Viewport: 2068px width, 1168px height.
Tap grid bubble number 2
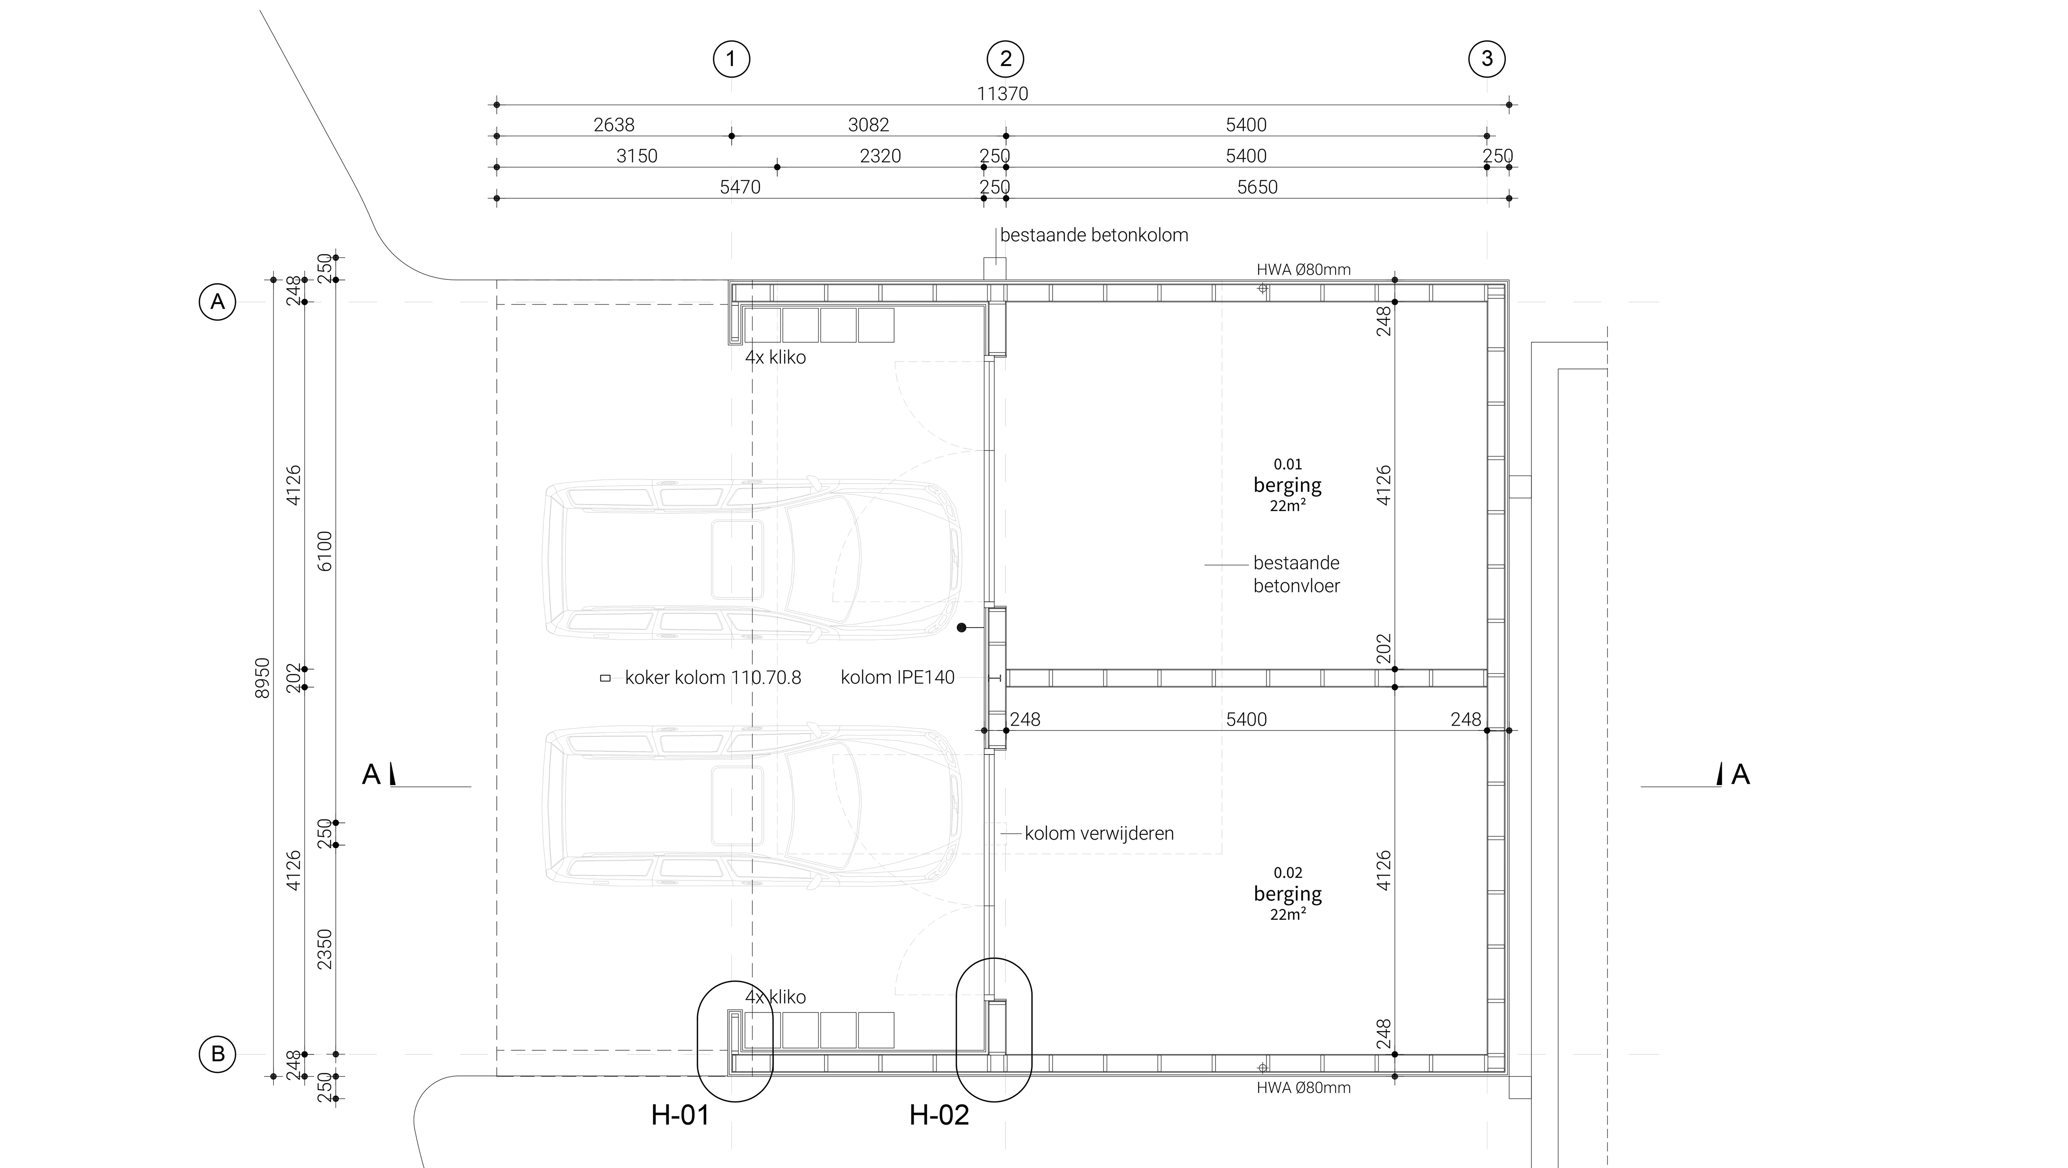pos(1005,58)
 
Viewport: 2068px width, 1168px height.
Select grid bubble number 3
pos(1487,58)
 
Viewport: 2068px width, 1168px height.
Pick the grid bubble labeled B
pos(217,1054)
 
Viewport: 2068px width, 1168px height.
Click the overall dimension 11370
pos(1002,94)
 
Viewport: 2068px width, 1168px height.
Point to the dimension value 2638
pos(614,125)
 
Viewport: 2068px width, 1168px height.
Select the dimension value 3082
pos(869,125)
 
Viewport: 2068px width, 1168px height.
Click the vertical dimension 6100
pos(324,551)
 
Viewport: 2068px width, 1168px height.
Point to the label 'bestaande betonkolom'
pos(1093,235)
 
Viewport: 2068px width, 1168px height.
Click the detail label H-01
pos(680,1115)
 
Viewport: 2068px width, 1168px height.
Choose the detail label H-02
pos(939,1115)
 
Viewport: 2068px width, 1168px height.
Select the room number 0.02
pos(1288,872)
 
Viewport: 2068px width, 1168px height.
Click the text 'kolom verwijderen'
pos(1099,833)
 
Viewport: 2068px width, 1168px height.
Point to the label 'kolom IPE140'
pos(898,678)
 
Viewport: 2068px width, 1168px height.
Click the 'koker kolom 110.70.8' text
pos(713,678)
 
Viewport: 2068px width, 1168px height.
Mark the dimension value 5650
pos(1257,187)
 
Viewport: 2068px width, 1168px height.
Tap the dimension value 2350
pos(324,949)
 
